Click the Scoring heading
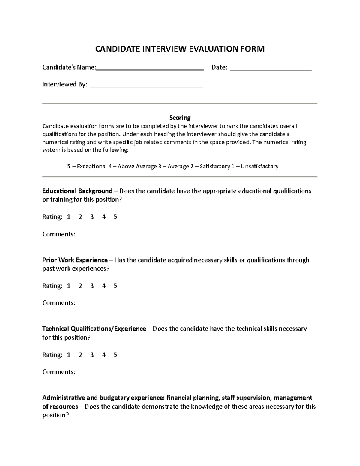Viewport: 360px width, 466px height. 180,118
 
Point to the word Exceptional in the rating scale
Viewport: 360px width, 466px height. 92,166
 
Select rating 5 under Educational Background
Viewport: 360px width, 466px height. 115,217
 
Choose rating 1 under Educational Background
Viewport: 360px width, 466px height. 69,217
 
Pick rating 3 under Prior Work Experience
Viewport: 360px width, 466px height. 92,286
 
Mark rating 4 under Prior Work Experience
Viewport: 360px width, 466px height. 104,286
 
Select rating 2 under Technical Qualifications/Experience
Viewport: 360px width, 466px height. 80,355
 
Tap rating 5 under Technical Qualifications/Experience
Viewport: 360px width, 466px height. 115,355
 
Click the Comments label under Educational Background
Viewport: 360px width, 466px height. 59,234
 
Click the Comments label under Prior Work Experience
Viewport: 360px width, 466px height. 59,303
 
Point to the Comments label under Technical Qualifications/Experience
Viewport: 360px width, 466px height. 59,372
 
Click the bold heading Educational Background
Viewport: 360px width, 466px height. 77,191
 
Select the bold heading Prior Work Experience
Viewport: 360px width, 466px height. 75,260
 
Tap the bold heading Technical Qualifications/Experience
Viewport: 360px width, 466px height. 94,329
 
